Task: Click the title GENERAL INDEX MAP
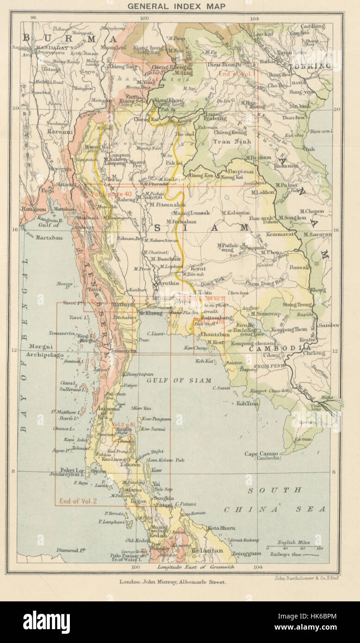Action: point(176,6)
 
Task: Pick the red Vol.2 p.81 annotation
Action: point(124,424)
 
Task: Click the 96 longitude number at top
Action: point(33,17)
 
